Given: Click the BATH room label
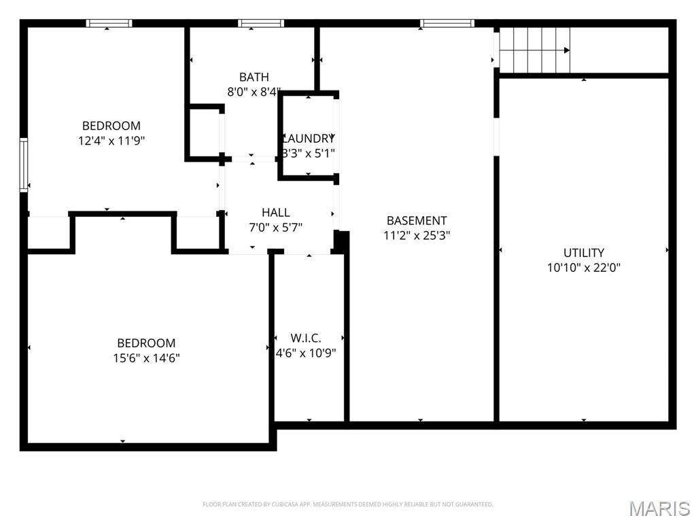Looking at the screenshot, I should pos(254,77).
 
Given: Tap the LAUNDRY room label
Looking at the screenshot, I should pos(309,138).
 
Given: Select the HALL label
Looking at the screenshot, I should pos(275,213).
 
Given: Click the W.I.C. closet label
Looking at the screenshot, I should pos(306,338).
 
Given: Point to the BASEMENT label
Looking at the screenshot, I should pos(417,220).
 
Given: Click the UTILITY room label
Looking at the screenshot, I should pos(583,253).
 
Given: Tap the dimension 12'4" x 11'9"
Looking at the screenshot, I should pos(111,141).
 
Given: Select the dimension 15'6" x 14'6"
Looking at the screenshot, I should pos(146,358).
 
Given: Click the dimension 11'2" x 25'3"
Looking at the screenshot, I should pos(417,236).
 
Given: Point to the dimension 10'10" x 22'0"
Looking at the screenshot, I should pos(583,268).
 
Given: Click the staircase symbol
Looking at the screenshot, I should pos(534,50).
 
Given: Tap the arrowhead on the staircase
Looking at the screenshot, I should pos(566,50).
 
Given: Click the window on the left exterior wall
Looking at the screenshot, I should pos(24,164).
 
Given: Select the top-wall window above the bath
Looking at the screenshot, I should pos(260,24).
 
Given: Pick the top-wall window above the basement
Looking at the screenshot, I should pos(447,24).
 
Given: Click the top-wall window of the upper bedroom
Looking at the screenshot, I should pos(109,24).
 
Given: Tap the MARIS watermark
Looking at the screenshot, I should pos(659,508).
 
